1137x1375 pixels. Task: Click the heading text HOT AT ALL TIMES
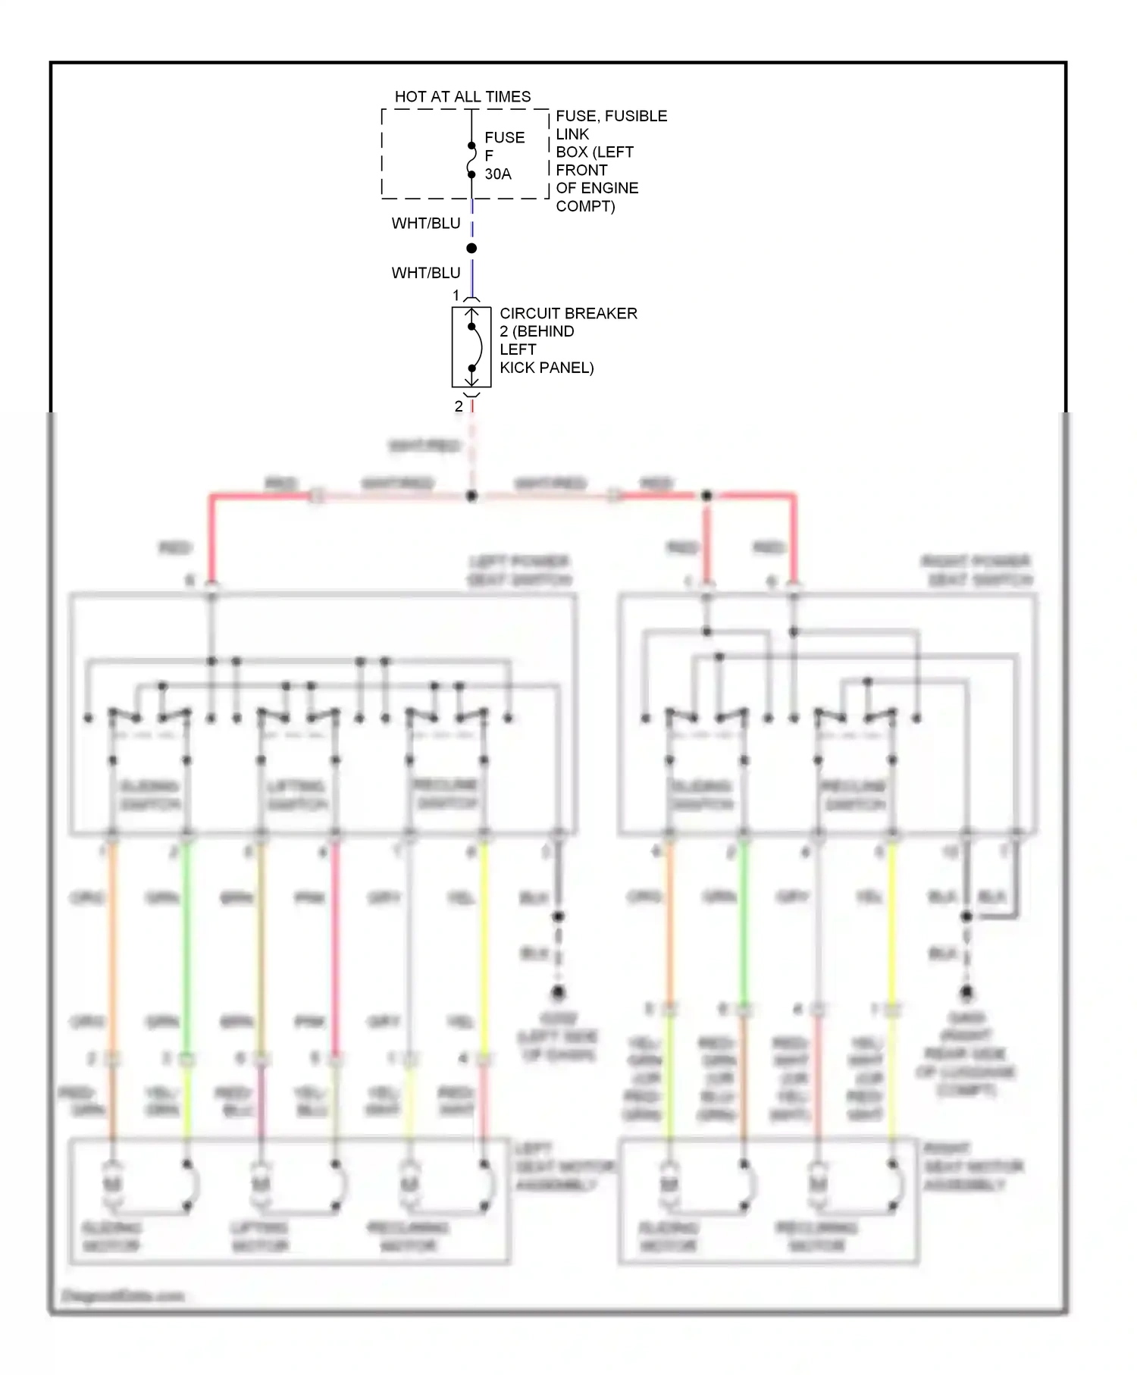click(462, 97)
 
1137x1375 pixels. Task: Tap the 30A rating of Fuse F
click(498, 174)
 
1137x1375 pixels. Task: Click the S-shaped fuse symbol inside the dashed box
click(471, 160)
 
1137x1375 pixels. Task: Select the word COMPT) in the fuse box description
click(585, 206)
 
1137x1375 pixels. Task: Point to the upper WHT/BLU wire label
click(426, 224)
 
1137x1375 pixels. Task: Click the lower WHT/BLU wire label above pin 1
click(426, 273)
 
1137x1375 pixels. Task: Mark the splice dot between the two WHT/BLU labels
click(471, 249)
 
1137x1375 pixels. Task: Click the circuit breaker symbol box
click(471, 347)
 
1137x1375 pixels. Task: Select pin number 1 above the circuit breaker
click(456, 295)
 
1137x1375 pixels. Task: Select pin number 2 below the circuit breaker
click(459, 407)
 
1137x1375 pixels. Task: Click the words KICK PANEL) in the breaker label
click(547, 368)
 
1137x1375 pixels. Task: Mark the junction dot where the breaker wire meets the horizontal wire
click(471, 496)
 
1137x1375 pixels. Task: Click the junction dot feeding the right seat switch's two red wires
click(706, 496)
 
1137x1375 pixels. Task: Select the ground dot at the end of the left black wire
click(558, 991)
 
